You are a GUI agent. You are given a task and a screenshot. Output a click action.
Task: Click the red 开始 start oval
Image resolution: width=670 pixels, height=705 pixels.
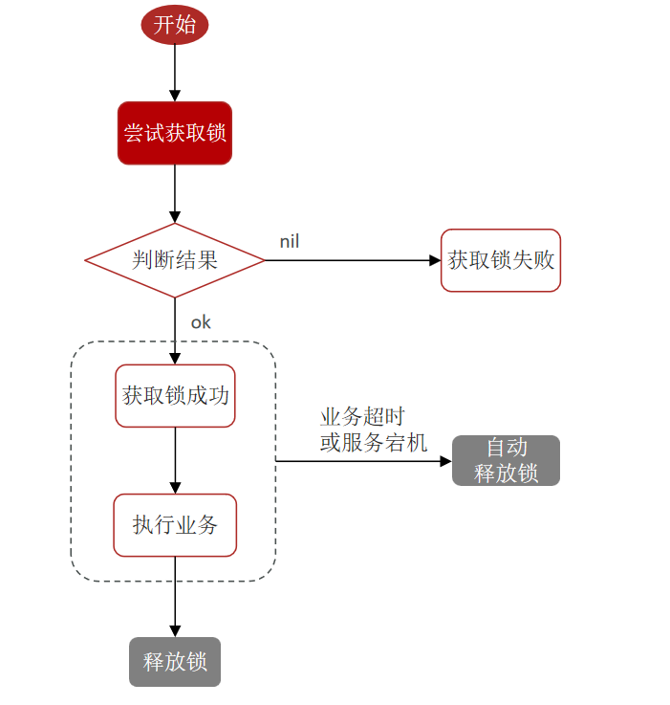coord(174,25)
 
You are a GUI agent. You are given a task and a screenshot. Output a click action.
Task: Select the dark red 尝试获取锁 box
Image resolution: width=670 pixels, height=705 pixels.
coord(175,133)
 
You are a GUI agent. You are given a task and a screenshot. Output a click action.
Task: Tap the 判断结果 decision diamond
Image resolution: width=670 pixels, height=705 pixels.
coord(175,260)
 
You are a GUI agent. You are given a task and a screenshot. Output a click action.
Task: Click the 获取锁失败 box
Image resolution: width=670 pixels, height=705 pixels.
coord(501,260)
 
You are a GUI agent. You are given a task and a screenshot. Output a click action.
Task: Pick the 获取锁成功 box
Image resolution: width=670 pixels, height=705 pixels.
coord(175,396)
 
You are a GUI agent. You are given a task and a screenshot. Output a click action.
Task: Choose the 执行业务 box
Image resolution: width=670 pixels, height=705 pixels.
coord(175,525)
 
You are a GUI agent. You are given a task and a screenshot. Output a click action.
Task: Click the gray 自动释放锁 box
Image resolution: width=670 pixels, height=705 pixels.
coord(506,460)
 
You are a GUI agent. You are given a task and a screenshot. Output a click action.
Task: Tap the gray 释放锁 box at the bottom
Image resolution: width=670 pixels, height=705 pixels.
coord(175,662)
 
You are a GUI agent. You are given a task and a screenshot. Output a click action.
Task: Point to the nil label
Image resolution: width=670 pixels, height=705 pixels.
coord(290,241)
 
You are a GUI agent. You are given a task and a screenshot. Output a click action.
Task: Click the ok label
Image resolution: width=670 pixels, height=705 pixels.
coord(201,322)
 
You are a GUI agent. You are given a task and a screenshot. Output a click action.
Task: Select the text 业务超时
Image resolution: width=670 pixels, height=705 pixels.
coord(362,416)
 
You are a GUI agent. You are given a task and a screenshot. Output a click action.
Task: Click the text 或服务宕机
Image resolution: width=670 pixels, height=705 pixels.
coord(374,443)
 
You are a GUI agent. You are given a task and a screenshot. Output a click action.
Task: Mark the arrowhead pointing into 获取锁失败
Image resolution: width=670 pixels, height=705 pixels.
coord(435,260)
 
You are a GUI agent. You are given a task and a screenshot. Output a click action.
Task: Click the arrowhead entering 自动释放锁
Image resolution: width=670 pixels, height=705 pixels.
coord(445,461)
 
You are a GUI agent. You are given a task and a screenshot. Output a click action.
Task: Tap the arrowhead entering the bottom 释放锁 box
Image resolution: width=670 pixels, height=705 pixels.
coord(175,631)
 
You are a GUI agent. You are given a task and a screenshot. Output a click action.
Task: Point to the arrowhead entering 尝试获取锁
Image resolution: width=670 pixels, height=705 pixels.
coord(175,96)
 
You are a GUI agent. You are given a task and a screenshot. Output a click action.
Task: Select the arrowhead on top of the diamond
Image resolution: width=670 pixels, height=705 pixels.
coord(175,217)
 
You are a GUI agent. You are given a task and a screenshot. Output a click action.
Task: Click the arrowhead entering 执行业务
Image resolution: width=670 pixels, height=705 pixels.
coord(175,488)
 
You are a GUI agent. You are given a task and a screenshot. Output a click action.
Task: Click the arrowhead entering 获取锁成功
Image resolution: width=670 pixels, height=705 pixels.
coord(175,359)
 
